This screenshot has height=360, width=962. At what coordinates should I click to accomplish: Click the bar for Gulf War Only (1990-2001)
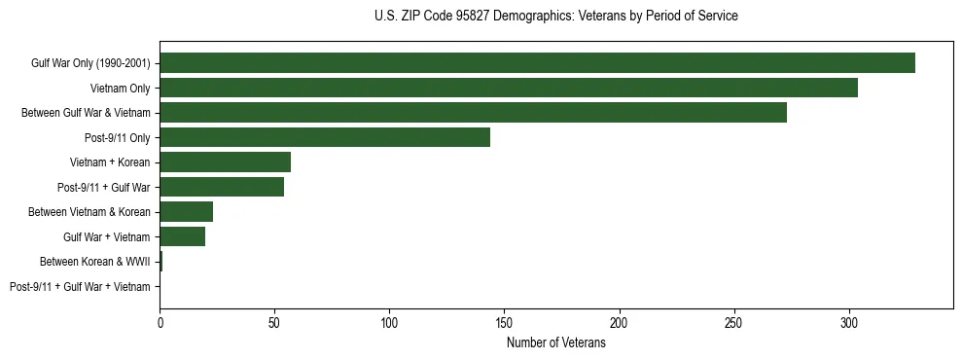[x=537, y=63]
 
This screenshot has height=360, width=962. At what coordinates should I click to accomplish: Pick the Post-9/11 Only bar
[x=325, y=137]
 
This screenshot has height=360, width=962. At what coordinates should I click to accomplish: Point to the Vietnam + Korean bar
[x=225, y=162]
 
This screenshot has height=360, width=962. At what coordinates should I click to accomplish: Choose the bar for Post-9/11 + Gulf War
[x=222, y=187]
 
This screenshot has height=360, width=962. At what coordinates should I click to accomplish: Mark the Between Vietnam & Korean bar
[x=186, y=212]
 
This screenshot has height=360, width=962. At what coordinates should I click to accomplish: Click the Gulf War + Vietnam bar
[x=182, y=236]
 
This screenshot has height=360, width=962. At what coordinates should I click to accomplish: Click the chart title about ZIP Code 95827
[x=555, y=17]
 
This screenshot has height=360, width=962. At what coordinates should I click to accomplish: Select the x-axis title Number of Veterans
[x=555, y=343]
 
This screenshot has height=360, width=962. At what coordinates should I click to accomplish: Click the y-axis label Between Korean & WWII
[x=94, y=262]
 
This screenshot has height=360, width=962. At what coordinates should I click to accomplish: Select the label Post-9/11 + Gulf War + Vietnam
[x=80, y=286]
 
